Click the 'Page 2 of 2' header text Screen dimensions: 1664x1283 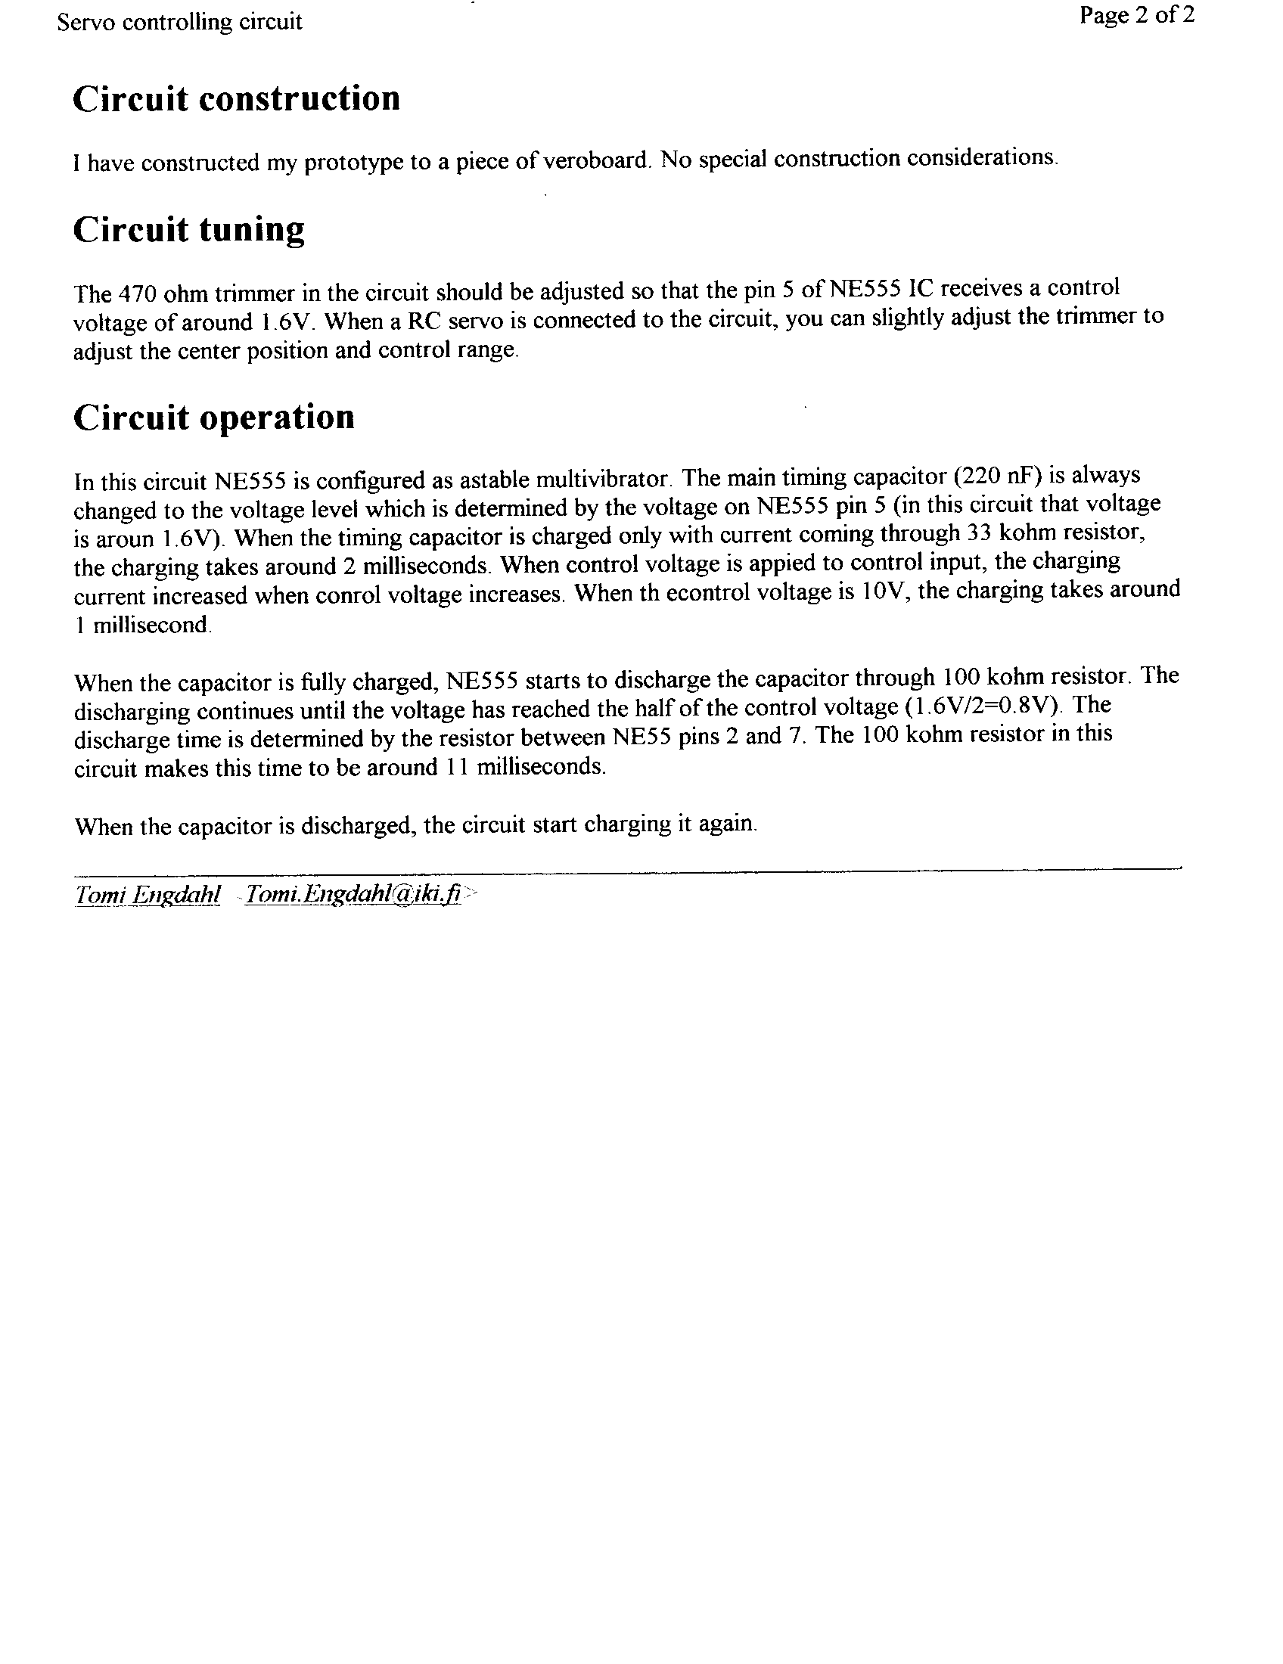[1137, 15]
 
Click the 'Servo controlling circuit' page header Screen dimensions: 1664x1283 [179, 22]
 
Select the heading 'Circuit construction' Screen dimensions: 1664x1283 [236, 99]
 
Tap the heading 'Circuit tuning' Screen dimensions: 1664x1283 [188, 229]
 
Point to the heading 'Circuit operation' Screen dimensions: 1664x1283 [213, 418]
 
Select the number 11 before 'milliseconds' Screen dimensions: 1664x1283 [453, 766]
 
